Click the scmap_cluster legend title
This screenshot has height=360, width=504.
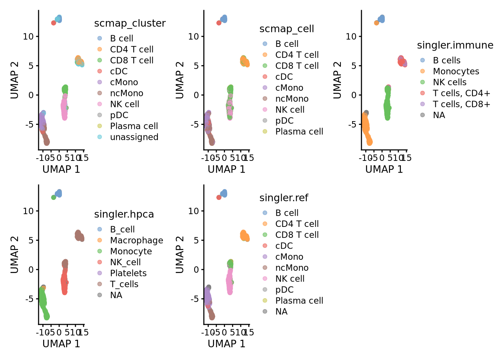click(x=130, y=23)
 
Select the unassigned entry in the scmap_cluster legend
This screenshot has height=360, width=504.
click(x=134, y=137)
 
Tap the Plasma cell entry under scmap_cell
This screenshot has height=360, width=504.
click(x=299, y=132)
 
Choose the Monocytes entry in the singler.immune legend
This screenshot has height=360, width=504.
click(x=456, y=71)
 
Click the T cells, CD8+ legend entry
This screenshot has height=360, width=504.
click(x=461, y=104)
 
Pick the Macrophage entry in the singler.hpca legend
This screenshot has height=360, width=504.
click(x=136, y=240)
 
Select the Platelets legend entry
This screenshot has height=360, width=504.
click(x=128, y=273)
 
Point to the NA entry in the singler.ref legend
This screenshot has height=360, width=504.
click(x=281, y=312)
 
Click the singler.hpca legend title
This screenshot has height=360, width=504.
click(x=124, y=214)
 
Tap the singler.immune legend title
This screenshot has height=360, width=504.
click(x=455, y=45)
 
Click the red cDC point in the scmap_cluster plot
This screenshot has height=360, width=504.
click(x=54, y=23)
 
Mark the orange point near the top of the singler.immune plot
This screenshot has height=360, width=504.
click(x=376, y=23)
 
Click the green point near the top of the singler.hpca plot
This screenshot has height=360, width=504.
click(x=54, y=197)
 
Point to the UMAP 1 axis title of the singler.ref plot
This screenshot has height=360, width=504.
click(x=226, y=344)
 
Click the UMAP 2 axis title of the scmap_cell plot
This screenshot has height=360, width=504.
click(x=180, y=80)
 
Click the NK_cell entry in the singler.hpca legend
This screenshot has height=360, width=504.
click(x=125, y=262)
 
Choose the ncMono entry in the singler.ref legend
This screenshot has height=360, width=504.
click(x=292, y=268)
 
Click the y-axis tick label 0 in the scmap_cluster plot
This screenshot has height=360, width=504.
click(x=31, y=95)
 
